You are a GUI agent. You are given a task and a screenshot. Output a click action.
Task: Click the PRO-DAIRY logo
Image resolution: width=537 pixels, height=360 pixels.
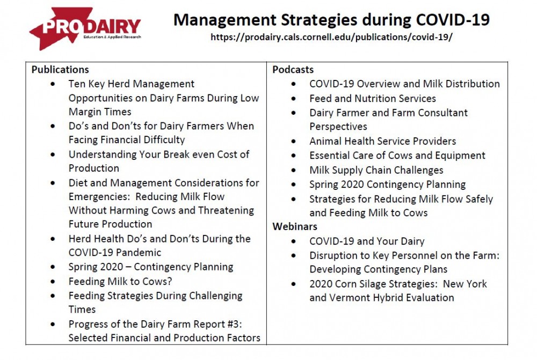(x=85, y=28)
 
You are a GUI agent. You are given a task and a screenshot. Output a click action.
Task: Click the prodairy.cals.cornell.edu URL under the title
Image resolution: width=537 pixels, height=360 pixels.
(x=331, y=37)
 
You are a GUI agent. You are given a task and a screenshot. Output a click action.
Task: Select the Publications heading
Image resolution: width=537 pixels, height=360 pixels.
(x=60, y=69)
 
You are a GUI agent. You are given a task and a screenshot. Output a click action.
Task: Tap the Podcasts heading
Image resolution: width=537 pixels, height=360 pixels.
(x=293, y=69)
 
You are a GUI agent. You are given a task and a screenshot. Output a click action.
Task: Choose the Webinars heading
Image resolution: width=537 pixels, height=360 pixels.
(x=295, y=226)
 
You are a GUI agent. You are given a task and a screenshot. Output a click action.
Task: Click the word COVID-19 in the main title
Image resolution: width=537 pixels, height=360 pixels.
(x=453, y=19)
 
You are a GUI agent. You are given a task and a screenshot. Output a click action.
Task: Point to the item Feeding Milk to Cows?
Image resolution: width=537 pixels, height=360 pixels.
(x=120, y=281)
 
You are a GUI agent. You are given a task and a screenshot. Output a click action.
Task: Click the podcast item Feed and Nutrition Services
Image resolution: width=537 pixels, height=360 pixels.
(x=373, y=99)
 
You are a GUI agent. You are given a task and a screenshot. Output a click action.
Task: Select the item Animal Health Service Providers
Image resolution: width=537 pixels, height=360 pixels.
(x=382, y=141)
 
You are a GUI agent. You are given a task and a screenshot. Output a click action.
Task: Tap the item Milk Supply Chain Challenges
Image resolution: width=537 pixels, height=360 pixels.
(x=376, y=170)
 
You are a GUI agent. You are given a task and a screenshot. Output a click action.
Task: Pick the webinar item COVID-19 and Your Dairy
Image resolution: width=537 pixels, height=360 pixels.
(x=367, y=241)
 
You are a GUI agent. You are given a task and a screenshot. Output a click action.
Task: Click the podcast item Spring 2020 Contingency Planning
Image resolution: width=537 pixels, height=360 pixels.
(x=387, y=185)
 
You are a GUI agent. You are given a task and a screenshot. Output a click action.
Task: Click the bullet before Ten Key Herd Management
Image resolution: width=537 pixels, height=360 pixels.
(x=53, y=84)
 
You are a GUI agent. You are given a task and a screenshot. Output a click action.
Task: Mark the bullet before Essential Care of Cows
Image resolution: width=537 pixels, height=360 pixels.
(x=294, y=156)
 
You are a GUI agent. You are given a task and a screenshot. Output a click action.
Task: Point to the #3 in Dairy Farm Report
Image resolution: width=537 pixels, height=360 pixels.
(x=235, y=324)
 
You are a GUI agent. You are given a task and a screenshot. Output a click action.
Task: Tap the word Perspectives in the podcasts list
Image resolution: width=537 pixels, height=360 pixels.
(x=338, y=127)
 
